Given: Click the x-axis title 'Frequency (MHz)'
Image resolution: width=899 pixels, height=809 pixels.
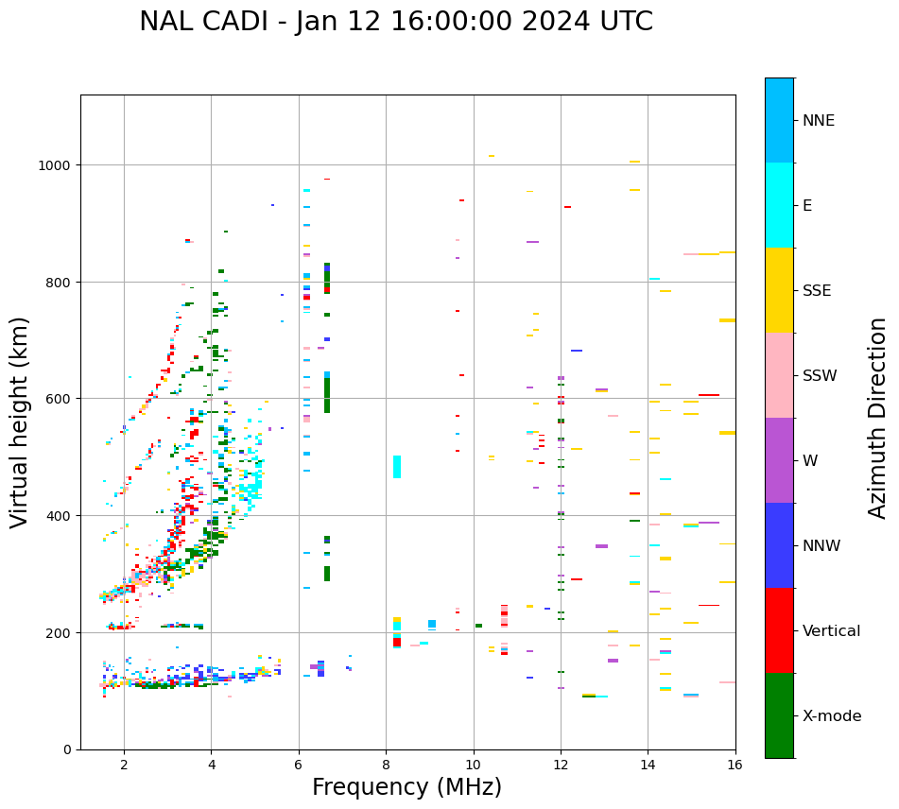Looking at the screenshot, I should (406, 787).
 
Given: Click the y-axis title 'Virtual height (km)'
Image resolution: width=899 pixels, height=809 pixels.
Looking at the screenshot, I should (21, 422).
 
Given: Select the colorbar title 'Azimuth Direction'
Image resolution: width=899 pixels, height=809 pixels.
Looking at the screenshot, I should (878, 418).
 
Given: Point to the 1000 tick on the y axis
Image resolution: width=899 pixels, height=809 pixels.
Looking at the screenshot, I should (57, 165).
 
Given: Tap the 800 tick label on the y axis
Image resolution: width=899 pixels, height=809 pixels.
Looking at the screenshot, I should (61, 282).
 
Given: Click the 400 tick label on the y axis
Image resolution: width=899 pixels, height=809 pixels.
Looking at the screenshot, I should (61, 516).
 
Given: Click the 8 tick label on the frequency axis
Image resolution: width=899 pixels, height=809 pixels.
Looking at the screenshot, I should (386, 765).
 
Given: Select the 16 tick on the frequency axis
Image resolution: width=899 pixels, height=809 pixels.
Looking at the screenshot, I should (735, 765).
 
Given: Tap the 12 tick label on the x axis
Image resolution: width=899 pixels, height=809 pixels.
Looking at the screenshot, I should (561, 765).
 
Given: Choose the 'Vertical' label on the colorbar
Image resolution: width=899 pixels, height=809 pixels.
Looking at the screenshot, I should (831, 630).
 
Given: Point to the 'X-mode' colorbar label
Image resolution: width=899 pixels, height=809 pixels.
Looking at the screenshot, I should (832, 715).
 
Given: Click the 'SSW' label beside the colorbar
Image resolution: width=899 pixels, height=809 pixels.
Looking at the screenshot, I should (820, 375).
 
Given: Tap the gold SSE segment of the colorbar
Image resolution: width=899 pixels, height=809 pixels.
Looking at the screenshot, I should (779, 290).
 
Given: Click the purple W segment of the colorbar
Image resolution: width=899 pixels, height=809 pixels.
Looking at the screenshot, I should (779, 460).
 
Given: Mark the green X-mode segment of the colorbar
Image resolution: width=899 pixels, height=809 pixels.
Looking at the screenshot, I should (779, 715).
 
